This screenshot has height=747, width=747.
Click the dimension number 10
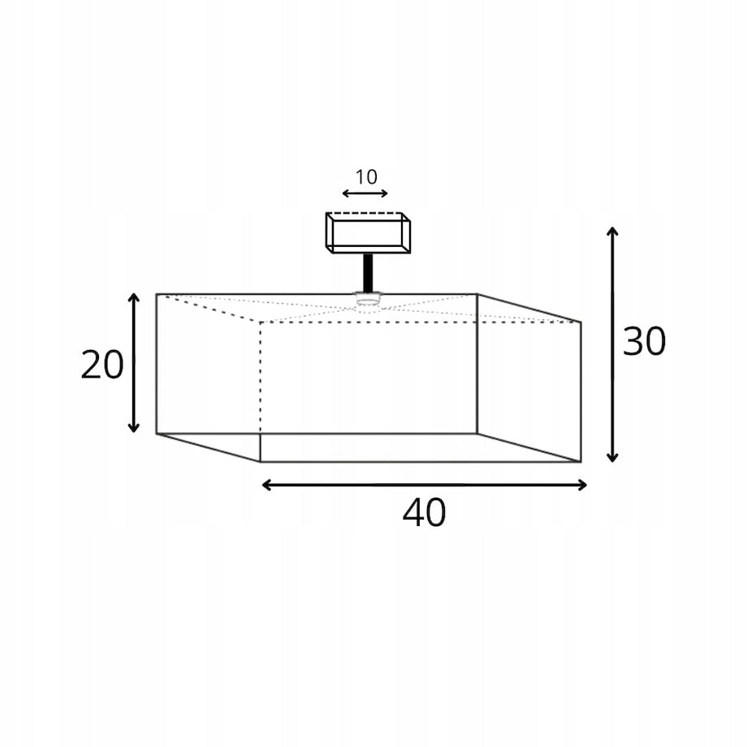point(366,177)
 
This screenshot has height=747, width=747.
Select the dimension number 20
point(102,365)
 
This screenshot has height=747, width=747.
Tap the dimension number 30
point(644,341)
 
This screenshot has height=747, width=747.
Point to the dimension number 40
point(424,512)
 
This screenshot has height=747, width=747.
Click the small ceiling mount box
point(368,233)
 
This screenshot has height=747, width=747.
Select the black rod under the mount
point(368,273)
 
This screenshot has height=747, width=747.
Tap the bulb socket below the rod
point(367,298)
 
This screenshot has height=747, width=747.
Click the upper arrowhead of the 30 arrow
point(613,231)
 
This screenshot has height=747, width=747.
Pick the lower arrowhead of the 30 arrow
point(613,458)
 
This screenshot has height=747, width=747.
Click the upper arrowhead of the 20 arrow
point(134,298)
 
